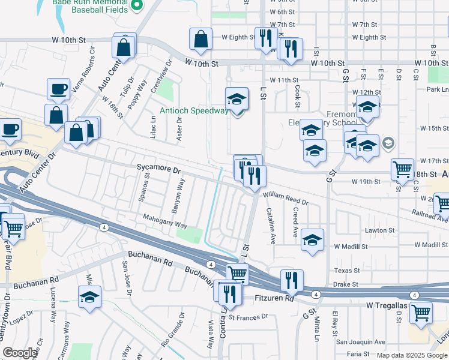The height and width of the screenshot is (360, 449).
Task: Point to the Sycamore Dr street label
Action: tap(158, 170)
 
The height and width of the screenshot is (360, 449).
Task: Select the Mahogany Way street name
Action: tap(165, 221)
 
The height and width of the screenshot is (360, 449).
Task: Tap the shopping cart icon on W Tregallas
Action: tap(421, 311)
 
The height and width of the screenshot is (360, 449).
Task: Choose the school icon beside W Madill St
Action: tap(312, 240)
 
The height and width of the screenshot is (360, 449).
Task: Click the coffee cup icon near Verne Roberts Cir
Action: tap(59, 89)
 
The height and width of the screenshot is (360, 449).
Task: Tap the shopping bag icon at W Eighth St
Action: tap(200, 39)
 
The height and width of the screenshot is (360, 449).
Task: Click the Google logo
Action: tap(20, 353)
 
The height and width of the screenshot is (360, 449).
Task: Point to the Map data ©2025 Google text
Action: tap(412, 355)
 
